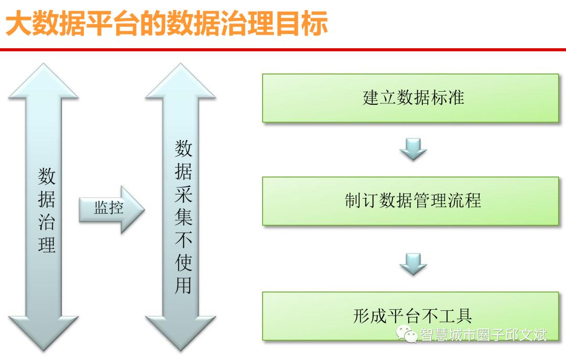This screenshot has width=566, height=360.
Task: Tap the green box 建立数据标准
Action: (410, 98)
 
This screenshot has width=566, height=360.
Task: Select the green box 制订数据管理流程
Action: (410, 201)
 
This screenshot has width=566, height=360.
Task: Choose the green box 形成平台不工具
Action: (410, 315)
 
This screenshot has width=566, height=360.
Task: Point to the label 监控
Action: (108, 208)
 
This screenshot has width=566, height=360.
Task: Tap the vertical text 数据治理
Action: (47, 210)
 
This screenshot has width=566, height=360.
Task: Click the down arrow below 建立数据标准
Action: (413, 149)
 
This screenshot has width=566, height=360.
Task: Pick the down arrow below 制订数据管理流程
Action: (413, 264)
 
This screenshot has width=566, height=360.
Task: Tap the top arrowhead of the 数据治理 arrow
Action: (43, 84)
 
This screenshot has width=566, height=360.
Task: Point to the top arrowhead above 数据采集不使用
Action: (181, 84)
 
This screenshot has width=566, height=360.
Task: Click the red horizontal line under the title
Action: (283, 49)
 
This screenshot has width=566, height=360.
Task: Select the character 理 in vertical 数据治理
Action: (47, 244)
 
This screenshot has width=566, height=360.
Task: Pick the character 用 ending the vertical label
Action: (183, 285)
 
